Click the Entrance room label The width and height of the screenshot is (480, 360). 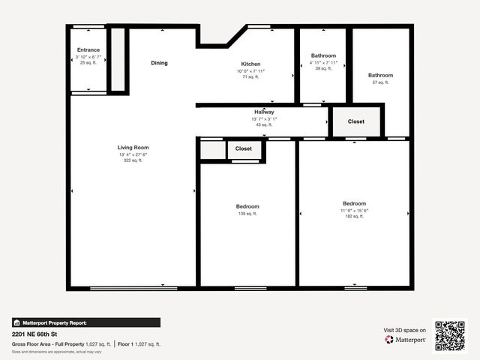coord(88,50)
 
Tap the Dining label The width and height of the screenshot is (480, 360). coord(159,63)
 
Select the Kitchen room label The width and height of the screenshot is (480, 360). coord(250,64)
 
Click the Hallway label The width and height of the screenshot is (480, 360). coord(264,112)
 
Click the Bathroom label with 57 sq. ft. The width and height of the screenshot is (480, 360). coord(380,75)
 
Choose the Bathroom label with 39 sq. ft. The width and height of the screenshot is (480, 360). coord(323,55)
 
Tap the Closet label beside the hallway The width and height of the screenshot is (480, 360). coord(356,121)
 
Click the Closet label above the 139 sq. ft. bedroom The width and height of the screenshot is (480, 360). coord(244,148)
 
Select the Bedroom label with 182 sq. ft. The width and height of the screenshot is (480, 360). coord(355,204)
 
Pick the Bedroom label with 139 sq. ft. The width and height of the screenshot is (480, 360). coord(247,206)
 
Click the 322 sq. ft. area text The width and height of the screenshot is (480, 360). coord(133,160)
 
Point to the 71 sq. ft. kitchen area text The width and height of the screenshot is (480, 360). coord(250,76)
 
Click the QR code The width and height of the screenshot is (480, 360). coord(450,335)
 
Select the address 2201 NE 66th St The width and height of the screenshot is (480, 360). coord(34,334)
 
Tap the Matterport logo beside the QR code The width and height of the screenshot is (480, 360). coord(405,340)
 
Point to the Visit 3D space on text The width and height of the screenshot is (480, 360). coord(405,330)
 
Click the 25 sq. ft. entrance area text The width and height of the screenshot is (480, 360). coord(88,63)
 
